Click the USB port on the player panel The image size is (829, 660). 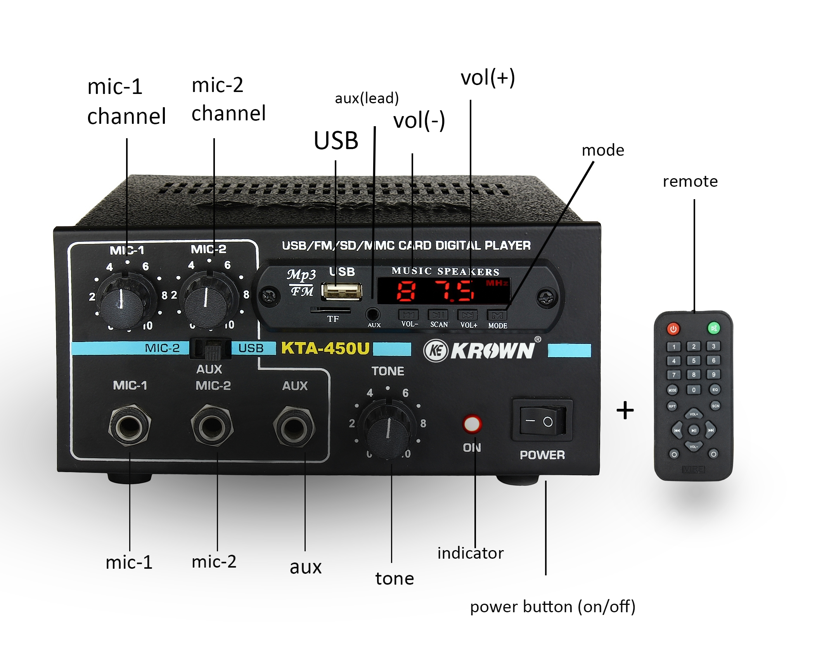pyautogui.click(x=341, y=291)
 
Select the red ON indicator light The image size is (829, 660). pyautogui.click(x=472, y=424)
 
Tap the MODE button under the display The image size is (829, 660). pyautogui.click(x=497, y=315)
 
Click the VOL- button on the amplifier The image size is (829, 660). pyautogui.click(x=408, y=315)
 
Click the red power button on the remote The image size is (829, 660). pyautogui.click(x=673, y=329)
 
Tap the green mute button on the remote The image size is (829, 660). pyautogui.click(x=713, y=328)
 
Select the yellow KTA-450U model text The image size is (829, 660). pyautogui.click(x=325, y=348)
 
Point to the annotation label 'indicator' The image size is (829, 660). pyautogui.click(x=470, y=553)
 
